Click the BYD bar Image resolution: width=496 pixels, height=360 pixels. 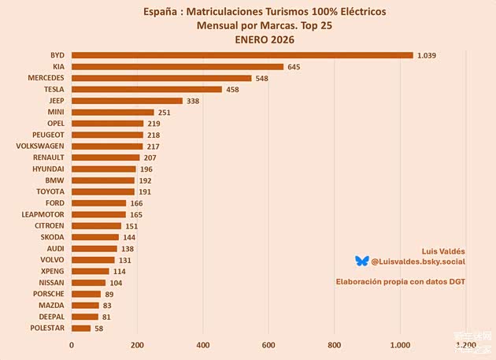242,55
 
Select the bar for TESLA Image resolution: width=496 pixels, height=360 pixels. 146,89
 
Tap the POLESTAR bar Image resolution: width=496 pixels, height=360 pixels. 81,328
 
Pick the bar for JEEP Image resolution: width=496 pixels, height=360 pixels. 127,101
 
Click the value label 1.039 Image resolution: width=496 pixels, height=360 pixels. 427,55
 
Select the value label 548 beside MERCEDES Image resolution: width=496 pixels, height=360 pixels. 262,78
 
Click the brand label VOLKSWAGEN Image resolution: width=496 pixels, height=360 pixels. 40,146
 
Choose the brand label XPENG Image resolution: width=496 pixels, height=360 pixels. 52,271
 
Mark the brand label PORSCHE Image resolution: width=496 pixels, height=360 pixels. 48,294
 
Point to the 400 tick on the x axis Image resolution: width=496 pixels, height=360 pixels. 203,344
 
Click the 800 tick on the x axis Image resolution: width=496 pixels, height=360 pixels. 335,344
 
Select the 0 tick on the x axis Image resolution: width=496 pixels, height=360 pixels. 72,344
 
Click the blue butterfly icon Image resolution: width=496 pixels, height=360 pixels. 361,261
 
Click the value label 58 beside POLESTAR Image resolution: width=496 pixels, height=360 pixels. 99,328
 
